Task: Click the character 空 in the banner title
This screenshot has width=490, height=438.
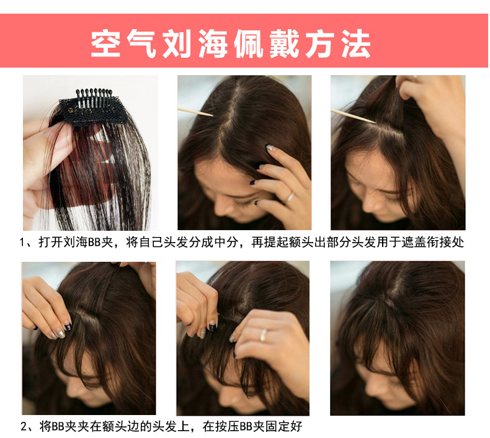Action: tap(105, 43)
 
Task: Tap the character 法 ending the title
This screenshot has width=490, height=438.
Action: tap(356, 43)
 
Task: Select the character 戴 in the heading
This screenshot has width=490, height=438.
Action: tap(284, 43)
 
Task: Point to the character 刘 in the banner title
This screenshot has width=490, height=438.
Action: tap(177, 43)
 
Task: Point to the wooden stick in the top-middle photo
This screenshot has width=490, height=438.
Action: tap(195, 112)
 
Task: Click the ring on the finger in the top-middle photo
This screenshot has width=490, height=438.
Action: tap(290, 197)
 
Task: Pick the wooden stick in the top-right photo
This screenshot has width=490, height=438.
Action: tap(354, 116)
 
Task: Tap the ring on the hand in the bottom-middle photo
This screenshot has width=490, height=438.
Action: tap(264, 335)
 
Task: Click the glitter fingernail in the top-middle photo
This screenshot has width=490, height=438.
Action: tap(269, 147)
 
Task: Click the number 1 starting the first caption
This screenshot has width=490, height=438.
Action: tap(22, 242)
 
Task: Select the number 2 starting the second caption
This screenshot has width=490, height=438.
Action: tap(24, 426)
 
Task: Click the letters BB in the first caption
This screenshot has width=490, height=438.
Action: tap(94, 243)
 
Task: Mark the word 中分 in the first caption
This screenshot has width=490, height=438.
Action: tap(226, 243)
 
